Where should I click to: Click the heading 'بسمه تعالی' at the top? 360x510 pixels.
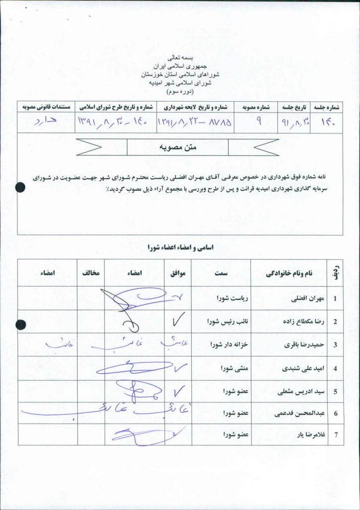tap(180, 58)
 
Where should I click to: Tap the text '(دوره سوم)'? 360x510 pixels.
tap(180, 92)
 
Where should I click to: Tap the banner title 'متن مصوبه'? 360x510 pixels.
tap(178, 147)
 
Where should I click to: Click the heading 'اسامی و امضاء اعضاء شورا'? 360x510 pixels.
tap(180, 248)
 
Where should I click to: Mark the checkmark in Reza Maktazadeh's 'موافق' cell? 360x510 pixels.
tap(178, 321)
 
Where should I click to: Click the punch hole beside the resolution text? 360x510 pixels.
tap(20, 187)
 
